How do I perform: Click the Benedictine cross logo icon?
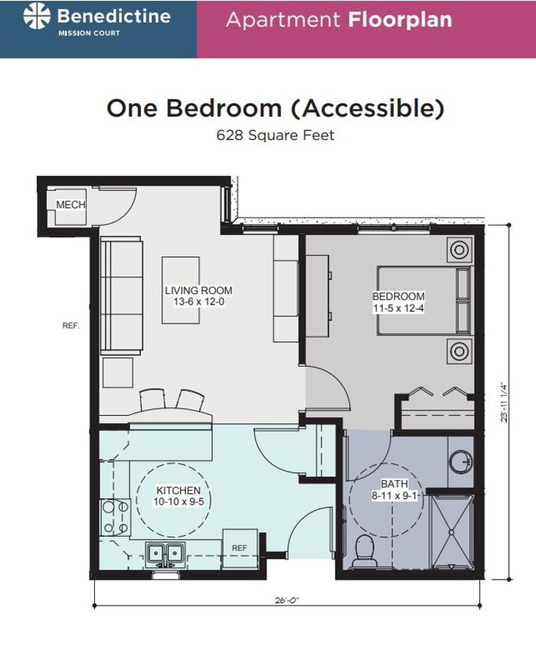coord(37,16)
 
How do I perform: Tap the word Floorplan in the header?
coord(400,19)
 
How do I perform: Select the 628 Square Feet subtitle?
coord(275,136)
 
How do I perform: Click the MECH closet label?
coord(71,204)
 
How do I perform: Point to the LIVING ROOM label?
coord(198,291)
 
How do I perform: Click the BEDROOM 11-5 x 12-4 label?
coord(398,302)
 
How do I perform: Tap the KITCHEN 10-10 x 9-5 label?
coord(178,496)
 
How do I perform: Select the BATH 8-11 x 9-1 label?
coord(394,489)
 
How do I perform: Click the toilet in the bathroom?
coord(364,551)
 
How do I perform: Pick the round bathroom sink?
coord(462,461)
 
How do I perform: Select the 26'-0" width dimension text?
coord(286,599)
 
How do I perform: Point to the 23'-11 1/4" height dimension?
coord(504,402)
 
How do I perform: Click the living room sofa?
coord(122,296)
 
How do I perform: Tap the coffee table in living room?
coord(180,290)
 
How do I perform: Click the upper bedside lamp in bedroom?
coord(459,250)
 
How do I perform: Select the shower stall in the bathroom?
coord(452,532)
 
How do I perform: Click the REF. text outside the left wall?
coord(71,326)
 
